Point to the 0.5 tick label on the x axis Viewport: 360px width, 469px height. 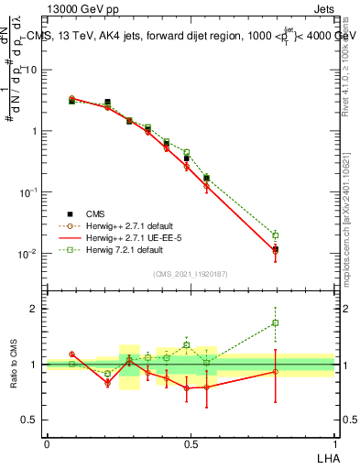click(x=190, y=443)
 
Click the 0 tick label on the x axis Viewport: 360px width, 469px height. click(x=47, y=443)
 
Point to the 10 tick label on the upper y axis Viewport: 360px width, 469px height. click(x=27, y=70)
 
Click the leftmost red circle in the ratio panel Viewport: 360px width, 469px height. click(x=71, y=354)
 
